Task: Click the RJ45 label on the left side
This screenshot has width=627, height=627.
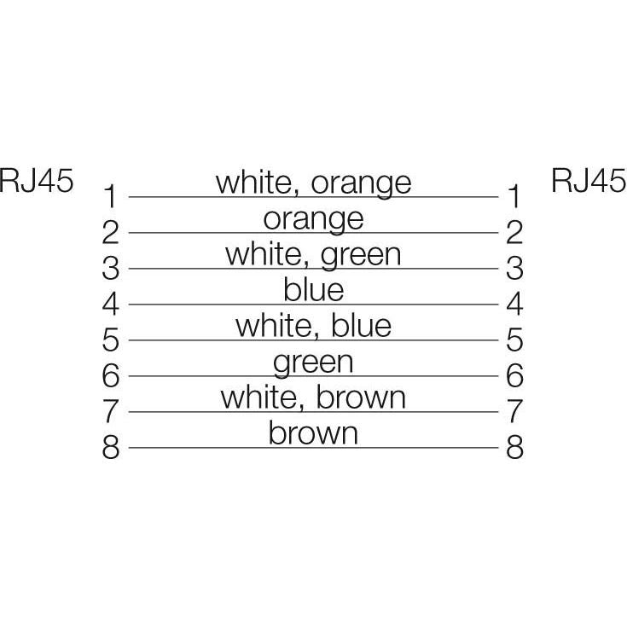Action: pos(37,181)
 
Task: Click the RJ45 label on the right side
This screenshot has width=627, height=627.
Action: pos(589,181)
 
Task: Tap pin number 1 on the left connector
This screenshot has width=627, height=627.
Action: pos(111,196)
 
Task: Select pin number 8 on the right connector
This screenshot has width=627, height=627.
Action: pos(514,447)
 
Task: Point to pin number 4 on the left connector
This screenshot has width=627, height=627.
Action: pos(111,304)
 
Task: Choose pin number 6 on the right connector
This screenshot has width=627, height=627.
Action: pos(514,375)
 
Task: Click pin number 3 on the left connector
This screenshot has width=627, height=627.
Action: pos(111,268)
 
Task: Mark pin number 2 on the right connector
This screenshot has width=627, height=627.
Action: pos(514,232)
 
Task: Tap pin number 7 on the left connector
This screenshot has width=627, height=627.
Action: pos(111,411)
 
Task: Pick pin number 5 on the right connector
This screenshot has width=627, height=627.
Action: pos(514,340)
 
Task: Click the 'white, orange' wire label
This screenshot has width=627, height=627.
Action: pos(314,184)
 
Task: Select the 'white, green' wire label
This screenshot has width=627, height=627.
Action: pos(313,256)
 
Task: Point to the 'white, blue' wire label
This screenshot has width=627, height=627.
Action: pos(314,326)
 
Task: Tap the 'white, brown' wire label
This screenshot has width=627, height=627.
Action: pos(313,398)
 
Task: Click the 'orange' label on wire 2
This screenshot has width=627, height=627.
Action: pos(314,221)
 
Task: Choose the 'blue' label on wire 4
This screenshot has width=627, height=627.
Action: pos(314,290)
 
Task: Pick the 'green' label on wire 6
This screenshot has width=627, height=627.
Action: pos(313,364)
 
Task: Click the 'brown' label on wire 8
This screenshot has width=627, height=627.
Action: pos(313,433)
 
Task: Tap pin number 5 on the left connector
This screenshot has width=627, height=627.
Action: pos(111,340)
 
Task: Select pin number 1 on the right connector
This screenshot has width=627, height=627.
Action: pos(514,196)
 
